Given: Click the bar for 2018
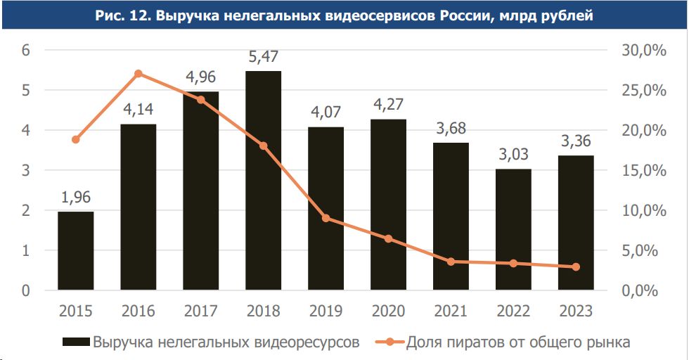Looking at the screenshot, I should [x=263, y=180].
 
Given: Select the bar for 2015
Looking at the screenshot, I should [x=75, y=250].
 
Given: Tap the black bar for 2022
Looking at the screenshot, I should [x=513, y=229].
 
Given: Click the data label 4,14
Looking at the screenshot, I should [x=139, y=110].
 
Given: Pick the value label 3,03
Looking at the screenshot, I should [x=513, y=155].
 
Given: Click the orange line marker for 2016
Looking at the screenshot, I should [x=139, y=74].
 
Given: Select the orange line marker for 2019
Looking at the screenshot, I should [x=326, y=218].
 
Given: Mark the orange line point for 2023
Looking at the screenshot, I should [x=576, y=267].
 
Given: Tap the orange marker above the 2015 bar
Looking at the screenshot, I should [x=75, y=139].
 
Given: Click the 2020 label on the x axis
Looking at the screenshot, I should [x=388, y=311].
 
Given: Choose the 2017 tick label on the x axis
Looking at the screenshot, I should [x=200, y=311].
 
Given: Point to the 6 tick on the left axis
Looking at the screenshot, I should [x=25, y=51].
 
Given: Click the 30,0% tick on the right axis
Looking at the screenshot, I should [x=645, y=51].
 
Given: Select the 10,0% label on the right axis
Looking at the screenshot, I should [x=645, y=211].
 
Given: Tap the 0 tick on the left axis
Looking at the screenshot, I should [x=25, y=290].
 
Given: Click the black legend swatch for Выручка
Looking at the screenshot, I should [x=76, y=342].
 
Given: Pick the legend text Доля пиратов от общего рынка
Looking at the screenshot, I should [x=517, y=342].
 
